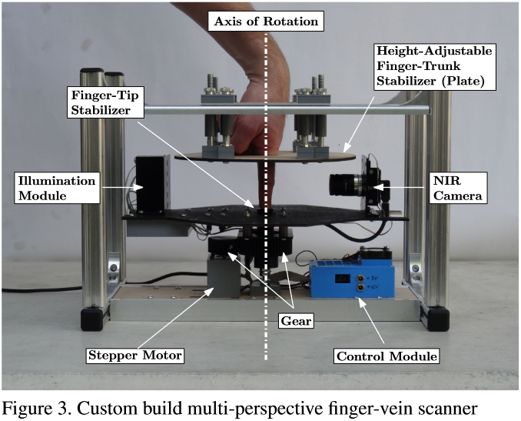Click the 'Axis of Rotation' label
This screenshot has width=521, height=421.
click(x=266, y=21)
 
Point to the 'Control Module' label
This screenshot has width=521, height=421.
click(x=387, y=356)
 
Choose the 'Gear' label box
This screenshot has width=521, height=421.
click(x=296, y=320)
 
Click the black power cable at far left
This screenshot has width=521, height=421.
click(x=31, y=291)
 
